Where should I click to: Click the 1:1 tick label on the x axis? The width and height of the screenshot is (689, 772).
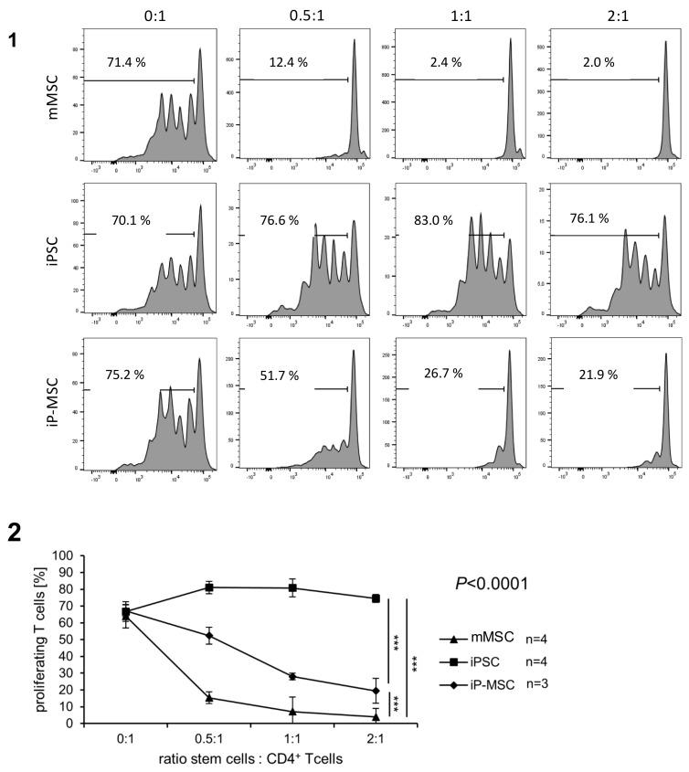pos(292,737)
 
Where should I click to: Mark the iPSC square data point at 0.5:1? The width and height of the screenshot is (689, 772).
pos(209,587)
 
